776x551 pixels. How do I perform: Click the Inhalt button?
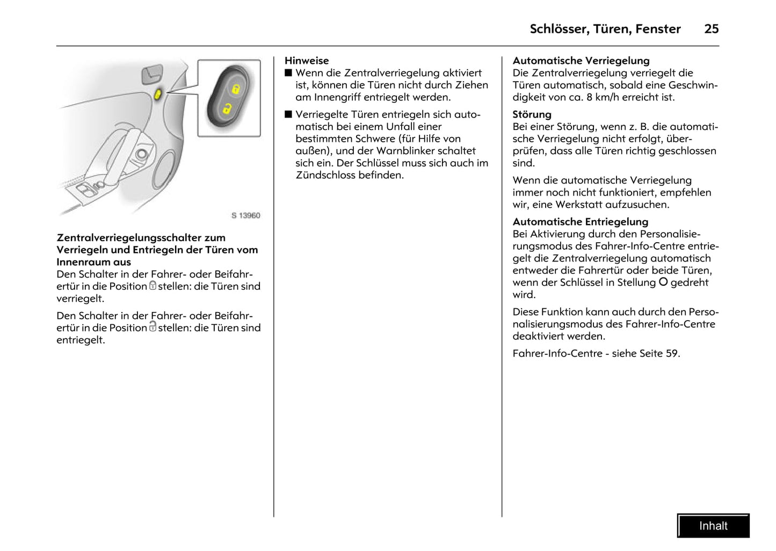[713, 526]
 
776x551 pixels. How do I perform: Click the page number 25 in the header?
[711, 29]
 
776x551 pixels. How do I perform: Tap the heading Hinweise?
[307, 61]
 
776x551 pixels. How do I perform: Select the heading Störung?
[532, 114]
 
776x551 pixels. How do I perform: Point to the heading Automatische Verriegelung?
[581, 61]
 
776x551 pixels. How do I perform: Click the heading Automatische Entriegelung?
[580, 222]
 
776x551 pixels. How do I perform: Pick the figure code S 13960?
[246, 215]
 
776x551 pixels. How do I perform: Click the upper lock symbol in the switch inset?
[235, 89]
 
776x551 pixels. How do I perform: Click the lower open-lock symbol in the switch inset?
[227, 108]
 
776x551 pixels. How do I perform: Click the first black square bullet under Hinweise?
[288, 73]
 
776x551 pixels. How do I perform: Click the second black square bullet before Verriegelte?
[288, 114]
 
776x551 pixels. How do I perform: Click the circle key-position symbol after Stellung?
[663, 282]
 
